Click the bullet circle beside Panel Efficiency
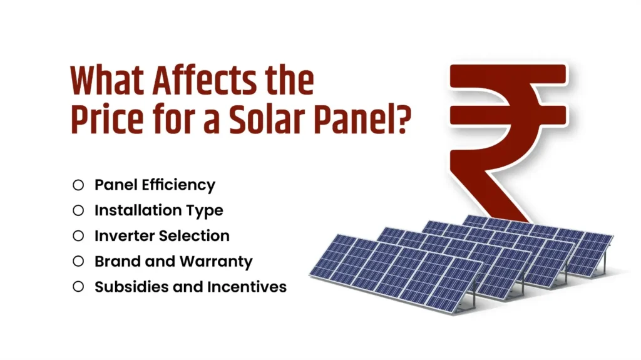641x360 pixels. pyautogui.click(x=78, y=185)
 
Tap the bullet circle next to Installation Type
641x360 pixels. pyautogui.click(x=78, y=210)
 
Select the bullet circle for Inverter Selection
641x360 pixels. pyautogui.click(x=78, y=236)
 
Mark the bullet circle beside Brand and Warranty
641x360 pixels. pyautogui.click(x=78, y=261)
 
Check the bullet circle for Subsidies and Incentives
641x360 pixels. pyautogui.click(x=78, y=287)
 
